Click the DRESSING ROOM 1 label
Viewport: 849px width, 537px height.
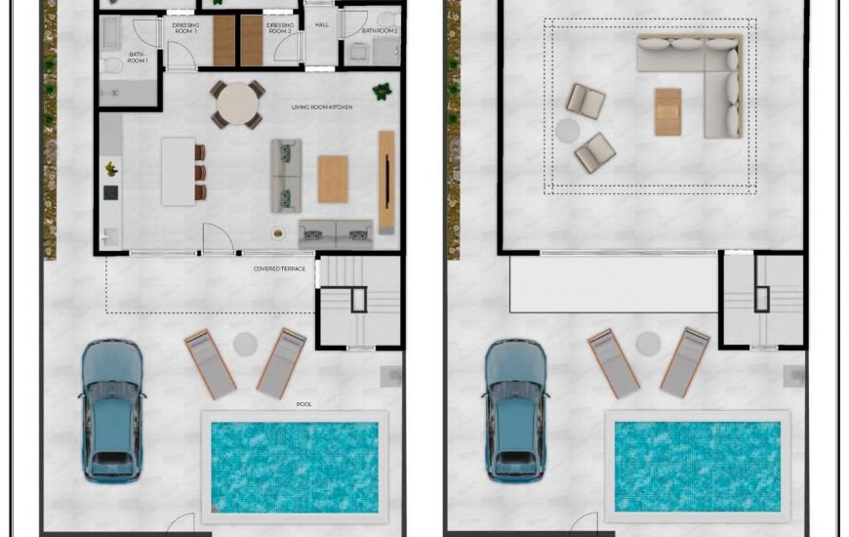pos(185,28)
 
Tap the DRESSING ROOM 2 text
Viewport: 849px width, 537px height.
pos(280,28)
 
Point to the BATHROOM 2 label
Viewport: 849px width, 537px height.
pos(380,30)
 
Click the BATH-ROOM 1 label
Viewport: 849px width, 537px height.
pos(138,58)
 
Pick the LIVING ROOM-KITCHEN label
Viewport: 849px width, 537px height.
pos(321,106)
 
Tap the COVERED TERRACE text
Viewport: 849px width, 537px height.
pos(279,268)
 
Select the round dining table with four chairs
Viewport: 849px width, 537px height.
pos(237,103)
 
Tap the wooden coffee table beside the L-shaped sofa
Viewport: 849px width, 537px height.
pos(667,111)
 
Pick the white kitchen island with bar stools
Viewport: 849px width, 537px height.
pos(179,171)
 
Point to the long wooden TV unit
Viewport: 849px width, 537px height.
pos(386,182)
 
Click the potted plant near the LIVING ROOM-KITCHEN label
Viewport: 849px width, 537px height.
pos(382,93)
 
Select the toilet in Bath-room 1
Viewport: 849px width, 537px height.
pos(111,64)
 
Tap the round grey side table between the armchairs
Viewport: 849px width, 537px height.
pos(568,130)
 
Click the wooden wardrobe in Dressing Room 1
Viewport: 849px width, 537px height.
pos(224,40)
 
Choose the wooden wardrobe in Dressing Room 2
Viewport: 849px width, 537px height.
pos(252,40)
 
